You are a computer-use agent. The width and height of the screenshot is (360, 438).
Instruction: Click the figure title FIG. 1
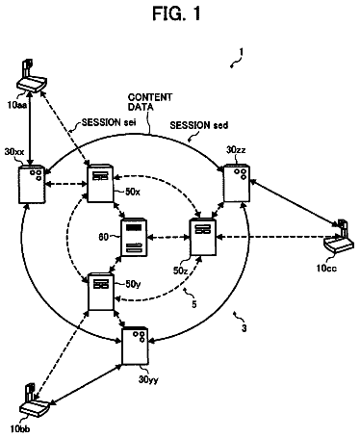tap(177, 13)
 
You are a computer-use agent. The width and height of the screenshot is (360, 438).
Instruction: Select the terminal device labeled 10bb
tap(34, 400)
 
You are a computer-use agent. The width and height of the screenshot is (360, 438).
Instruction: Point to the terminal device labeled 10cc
tap(339, 238)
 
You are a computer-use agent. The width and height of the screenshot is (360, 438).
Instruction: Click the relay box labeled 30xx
tap(32, 184)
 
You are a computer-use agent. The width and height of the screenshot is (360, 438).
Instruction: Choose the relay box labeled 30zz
tap(237, 183)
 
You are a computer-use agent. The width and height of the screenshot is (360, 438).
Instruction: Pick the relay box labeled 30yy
tap(135, 347)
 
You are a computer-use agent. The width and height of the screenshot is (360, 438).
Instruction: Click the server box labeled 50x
tap(100, 184)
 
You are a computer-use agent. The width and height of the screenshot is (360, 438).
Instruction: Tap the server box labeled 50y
tap(101, 292)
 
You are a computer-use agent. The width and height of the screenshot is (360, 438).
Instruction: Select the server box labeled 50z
tap(203, 237)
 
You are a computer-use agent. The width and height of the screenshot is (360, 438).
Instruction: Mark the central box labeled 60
tap(134, 238)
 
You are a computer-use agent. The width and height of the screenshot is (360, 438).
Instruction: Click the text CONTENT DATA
tap(150, 102)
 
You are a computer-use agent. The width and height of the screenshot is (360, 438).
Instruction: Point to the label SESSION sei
tap(109, 122)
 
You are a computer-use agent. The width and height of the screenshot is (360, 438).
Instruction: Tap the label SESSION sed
tap(199, 125)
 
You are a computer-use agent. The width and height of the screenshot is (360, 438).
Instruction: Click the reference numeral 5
tap(194, 304)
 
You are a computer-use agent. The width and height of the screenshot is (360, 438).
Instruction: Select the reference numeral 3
tap(244, 328)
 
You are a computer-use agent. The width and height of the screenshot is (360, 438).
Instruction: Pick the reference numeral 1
tap(241, 52)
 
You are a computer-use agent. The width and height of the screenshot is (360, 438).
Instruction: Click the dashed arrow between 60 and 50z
tap(168, 238)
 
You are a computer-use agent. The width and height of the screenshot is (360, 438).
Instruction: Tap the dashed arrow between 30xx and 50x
tap(66, 184)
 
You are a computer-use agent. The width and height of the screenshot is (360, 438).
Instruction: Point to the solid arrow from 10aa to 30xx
tap(30, 129)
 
